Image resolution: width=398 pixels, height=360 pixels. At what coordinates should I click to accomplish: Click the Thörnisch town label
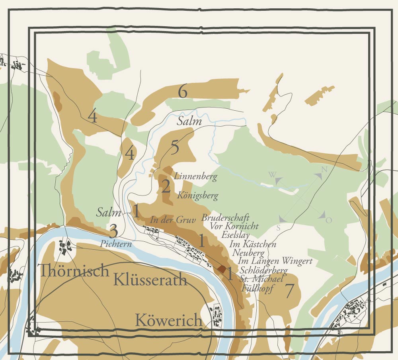click(x=74, y=271)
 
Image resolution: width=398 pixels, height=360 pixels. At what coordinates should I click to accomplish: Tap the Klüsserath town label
click(x=150, y=280)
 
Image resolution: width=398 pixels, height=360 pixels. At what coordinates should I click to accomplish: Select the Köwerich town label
click(x=168, y=320)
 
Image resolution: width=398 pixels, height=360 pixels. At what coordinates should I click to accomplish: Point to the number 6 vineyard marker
click(x=183, y=92)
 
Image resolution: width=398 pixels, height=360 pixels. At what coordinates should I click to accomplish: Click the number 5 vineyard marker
click(x=175, y=148)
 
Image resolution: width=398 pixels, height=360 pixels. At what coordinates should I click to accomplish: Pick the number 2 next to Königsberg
click(x=166, y=187)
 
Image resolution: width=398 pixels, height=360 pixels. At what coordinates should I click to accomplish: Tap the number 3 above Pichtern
click(x=113, y=231)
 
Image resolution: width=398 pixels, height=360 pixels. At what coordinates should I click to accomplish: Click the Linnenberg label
click(x=195, y=176)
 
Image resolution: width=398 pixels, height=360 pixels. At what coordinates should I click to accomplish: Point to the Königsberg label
click(x=198, y=196)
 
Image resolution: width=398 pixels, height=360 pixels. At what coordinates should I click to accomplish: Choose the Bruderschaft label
click(x=225, y=218)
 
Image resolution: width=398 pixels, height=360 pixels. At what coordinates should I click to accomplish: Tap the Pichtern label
click(x=116, y=244)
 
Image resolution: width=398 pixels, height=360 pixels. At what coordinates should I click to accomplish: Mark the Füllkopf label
click(x=258, y=289)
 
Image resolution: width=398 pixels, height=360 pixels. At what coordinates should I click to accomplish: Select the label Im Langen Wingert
click(x=275, y=261)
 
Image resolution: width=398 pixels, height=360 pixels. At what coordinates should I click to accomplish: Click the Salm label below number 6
click(x=189, y=122)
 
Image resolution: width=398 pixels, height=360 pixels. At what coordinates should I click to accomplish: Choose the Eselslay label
click(x=236, y=235)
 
